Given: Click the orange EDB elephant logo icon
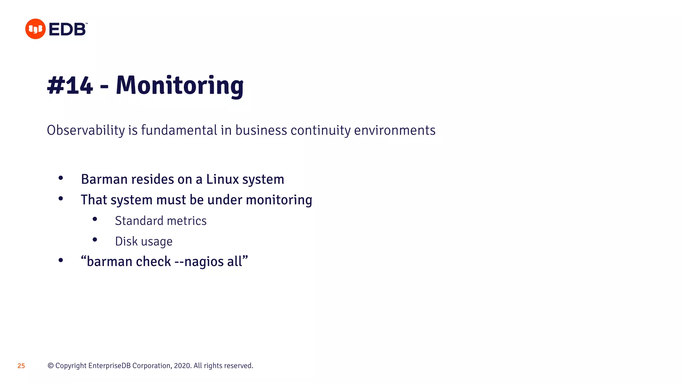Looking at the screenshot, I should [x=35, y=29].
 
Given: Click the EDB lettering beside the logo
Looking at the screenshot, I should [x=68, y=30].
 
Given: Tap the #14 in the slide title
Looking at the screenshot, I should [x=70, y=85].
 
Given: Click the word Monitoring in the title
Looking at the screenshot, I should [x=179, y=85].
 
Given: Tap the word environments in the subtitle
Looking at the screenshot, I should [x=395, y=130].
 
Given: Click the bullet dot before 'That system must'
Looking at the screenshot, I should [x=61, y=199].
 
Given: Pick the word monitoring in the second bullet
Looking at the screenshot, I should [x=279, y=200].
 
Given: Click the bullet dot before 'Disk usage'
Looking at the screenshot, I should [x=95, y=240].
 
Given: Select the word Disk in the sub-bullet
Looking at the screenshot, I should [x=126, y=241].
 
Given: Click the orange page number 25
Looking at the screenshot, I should [x=21, y=366].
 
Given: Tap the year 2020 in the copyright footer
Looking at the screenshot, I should [x=182, y=366].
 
